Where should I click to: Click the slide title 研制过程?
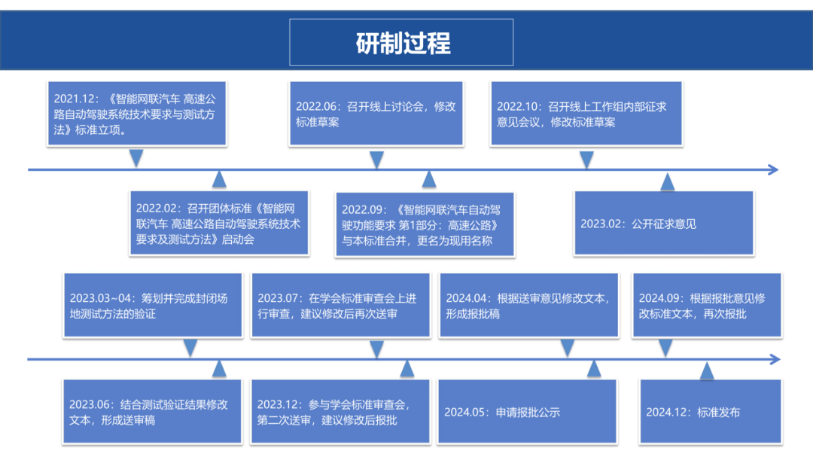402,43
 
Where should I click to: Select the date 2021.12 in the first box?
71,99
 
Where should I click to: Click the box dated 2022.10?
587,114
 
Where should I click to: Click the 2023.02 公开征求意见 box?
663,223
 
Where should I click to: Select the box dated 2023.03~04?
149,306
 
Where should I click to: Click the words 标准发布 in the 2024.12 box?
719,412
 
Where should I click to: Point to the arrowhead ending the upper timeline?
772,169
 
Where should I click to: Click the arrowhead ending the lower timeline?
772,359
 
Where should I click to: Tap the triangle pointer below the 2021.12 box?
136,158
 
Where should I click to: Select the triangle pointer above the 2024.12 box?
707,370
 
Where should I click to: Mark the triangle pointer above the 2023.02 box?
667,181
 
